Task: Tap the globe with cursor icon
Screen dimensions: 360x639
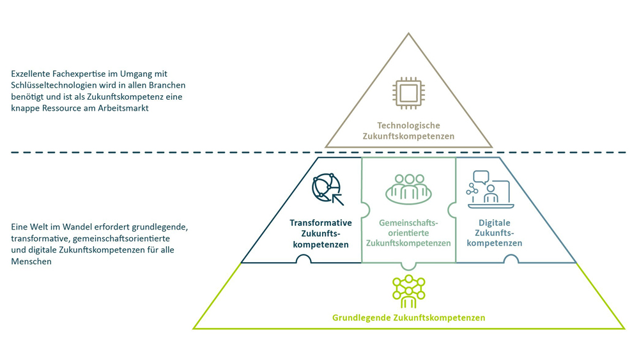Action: point(327,188)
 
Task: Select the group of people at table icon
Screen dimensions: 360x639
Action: point(408,189)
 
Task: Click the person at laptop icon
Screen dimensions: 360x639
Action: point(489,189)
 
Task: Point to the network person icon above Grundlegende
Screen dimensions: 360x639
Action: point(408,292)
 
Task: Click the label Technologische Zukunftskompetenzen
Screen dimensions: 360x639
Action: point(408,130)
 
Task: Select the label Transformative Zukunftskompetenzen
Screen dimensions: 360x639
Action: point(321,233)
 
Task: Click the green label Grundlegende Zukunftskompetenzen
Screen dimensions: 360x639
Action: point(408,318)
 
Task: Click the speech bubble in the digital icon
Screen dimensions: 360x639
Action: point(481,177)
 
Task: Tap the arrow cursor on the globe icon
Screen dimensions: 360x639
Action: point(337,198)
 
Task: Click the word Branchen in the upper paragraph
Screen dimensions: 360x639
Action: point(169,86)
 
